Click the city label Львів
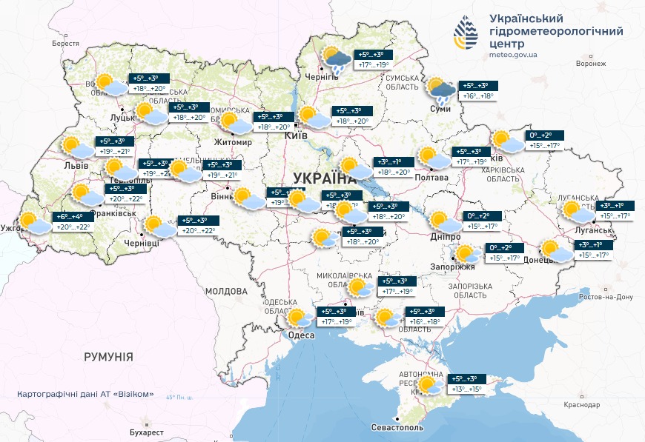75,165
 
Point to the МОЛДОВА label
226,292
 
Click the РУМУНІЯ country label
108,357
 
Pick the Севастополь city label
397,428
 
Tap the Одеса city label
302,335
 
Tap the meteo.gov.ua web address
513,54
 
